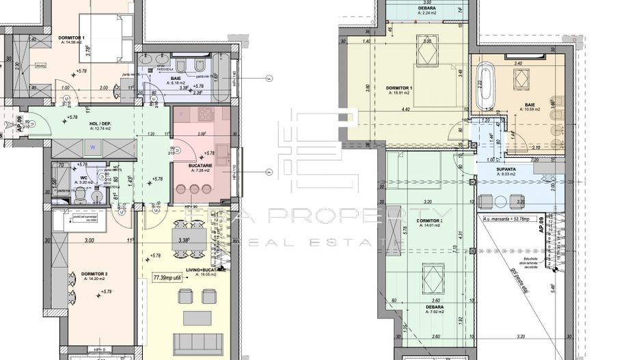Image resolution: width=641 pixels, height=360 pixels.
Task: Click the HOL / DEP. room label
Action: [100, 124]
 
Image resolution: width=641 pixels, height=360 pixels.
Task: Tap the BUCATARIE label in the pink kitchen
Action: [202, 167]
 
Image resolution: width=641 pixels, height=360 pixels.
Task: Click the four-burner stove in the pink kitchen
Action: [205, 115]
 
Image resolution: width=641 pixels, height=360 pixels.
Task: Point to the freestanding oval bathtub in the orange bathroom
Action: [486, 85]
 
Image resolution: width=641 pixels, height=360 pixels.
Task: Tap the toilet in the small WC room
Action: [80, 197]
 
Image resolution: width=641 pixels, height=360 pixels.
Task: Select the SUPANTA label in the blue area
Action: [505, 170]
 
